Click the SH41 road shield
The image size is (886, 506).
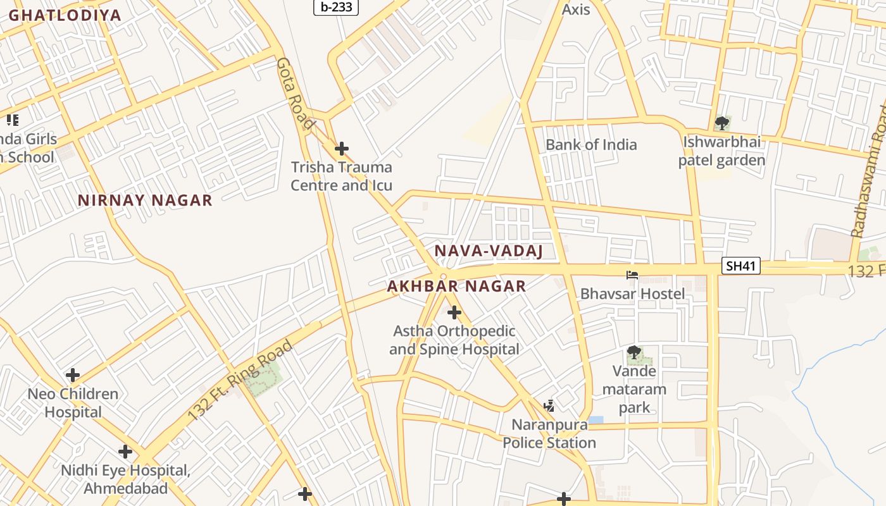tap(740, 266)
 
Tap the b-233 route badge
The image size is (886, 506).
tap(336, 7)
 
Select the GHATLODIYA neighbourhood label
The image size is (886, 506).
tap(65, 15)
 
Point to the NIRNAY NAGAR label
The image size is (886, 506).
tap(145, 201)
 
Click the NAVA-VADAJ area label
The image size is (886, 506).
tap(489, 251)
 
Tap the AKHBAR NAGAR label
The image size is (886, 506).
tap(456, 286)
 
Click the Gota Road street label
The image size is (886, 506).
tap(295, 92)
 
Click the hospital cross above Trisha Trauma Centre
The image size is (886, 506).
tap(342, 149)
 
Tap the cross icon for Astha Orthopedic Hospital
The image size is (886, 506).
tap(454, 312)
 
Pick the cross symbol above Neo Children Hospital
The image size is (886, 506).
tap(73, 375)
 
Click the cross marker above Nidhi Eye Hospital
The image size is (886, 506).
tap(125, 452)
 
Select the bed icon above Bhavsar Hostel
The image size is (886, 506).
tap(632, 275)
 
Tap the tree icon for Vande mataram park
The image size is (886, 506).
tap(633, 352)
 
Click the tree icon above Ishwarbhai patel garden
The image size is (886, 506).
tap(721, 123)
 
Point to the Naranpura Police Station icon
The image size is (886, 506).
tap(549, 406)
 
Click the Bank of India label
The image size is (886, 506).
tap(591, 144)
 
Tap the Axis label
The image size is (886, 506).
tap(576, 9)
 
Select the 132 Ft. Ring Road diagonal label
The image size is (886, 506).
tap(241, 379)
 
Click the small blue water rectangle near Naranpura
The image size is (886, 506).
tap(596, 420)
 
